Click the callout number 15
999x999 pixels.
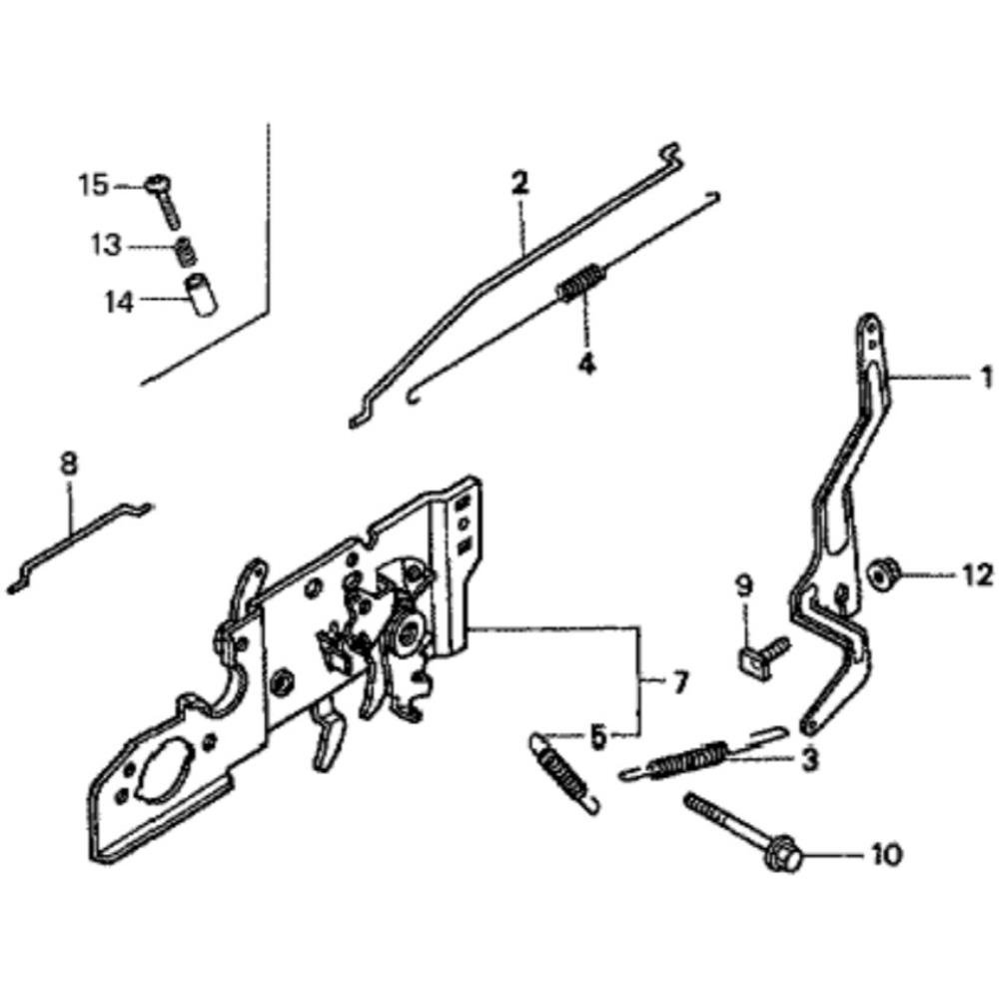(94, 186)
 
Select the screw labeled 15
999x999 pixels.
(165, 200)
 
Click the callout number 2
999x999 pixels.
(519, 183)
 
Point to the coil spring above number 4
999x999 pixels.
(580, 283)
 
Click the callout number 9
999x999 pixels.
(745, 585)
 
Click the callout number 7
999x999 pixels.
(680, 684)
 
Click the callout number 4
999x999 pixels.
(586, 364)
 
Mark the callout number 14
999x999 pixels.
(119, 302)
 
